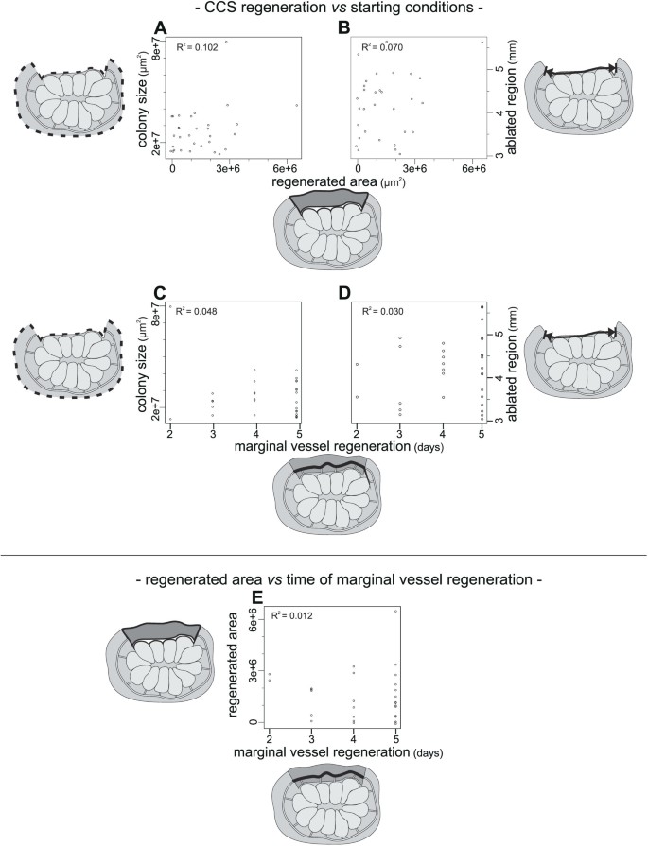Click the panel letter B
point(344,26)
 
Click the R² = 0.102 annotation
point(198,46)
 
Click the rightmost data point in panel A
point(297,105)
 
